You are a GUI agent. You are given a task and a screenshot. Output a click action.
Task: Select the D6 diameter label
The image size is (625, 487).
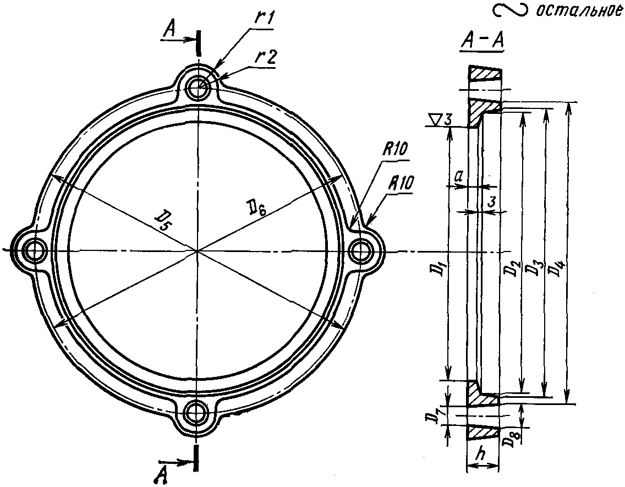pos(256,208)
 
